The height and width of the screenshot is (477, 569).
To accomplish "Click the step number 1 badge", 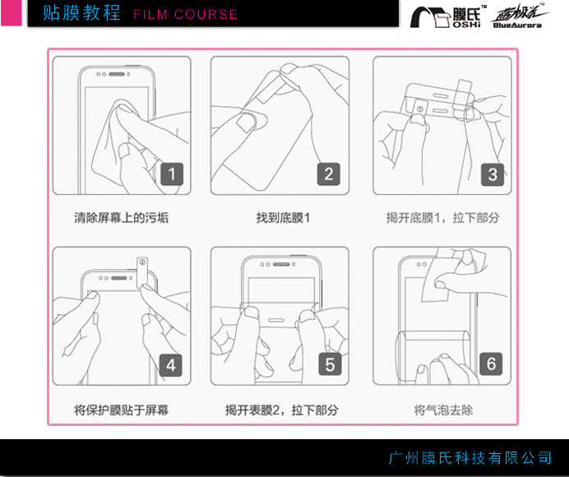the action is click(172, 174).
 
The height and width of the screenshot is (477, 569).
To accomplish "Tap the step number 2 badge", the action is click(329, 174).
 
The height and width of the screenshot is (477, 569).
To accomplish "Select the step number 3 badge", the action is click(493, 174).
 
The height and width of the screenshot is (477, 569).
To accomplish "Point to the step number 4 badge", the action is click(171, 365).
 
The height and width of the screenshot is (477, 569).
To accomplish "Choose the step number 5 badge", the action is click(330, 364).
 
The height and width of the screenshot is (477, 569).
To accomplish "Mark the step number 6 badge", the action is click(491, 364).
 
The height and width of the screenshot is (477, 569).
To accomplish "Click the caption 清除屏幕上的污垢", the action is click(121, 218).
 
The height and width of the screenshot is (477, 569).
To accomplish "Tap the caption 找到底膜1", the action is click(283, 218).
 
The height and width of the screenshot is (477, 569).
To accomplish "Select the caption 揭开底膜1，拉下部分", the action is click(442, 218).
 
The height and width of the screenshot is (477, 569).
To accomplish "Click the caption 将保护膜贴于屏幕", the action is click(121, 410).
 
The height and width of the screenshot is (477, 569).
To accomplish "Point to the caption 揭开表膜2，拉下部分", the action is click(281, 410).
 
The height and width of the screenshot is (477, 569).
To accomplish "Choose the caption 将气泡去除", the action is click(443, 410).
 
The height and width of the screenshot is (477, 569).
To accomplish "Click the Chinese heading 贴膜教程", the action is click(81, 13).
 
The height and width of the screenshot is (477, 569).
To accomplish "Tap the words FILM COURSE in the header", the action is click(186, 15).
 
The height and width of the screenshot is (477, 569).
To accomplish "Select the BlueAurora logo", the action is click(519, 16).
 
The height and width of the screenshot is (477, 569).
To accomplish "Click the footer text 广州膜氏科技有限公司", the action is click(470, 458).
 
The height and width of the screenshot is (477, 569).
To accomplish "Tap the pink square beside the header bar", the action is click(12, 12).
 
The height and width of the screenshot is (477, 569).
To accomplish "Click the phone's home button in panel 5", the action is click(275, 321).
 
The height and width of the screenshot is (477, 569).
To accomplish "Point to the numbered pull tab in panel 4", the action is click(142, 272).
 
